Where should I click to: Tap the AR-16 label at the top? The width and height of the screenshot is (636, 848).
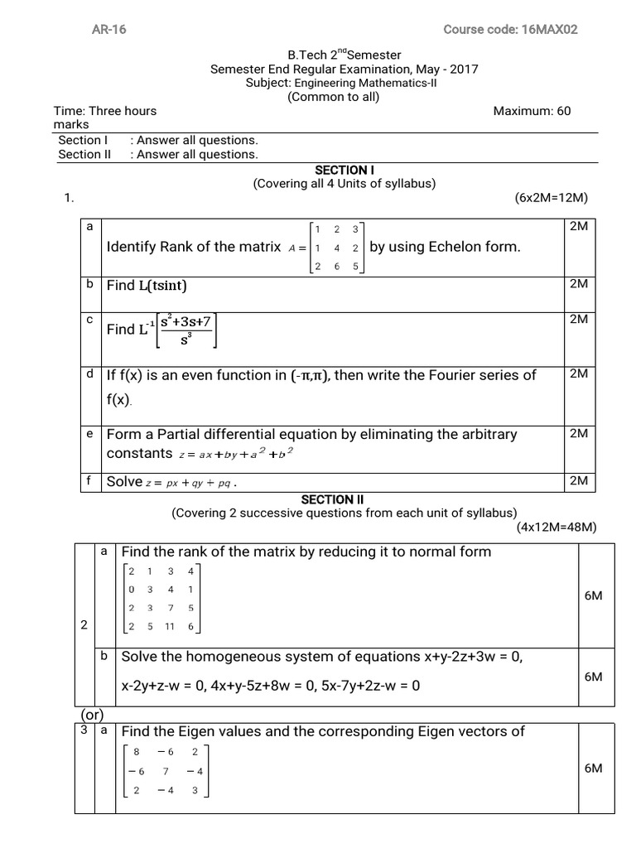[x=108, y=30]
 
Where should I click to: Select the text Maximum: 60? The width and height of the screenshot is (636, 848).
[x=532, y=111]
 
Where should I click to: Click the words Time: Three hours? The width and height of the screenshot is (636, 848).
[x=105, y=111]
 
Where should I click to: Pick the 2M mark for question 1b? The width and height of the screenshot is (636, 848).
[x=579, y=283]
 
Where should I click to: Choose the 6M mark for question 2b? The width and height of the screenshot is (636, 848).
[x=593, y=677]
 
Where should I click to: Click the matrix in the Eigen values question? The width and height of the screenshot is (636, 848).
[x=165, y=769]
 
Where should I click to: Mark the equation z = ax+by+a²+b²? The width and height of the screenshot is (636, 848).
[x=235, y=454]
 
